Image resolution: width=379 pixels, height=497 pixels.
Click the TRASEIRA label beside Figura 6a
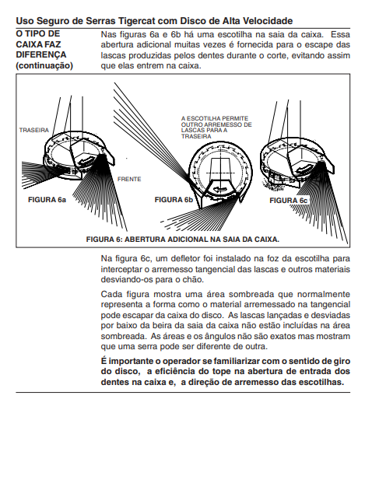[x=34, y=130]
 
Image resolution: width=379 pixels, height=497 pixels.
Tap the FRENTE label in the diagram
[x=129, y=180]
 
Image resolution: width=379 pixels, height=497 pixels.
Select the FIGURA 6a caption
[x=47, y=200]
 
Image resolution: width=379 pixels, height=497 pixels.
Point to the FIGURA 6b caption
[x=174, y=200]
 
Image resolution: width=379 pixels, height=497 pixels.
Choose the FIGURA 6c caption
[x=288, y=201]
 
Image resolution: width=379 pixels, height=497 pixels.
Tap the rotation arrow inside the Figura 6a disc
[x=88, y=159]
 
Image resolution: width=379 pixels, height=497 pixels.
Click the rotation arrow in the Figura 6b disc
[x=221, y=188]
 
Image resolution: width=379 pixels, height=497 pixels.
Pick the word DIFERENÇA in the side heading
[x=41, y=55]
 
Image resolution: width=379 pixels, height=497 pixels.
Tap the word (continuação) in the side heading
[x=44, y=65]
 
